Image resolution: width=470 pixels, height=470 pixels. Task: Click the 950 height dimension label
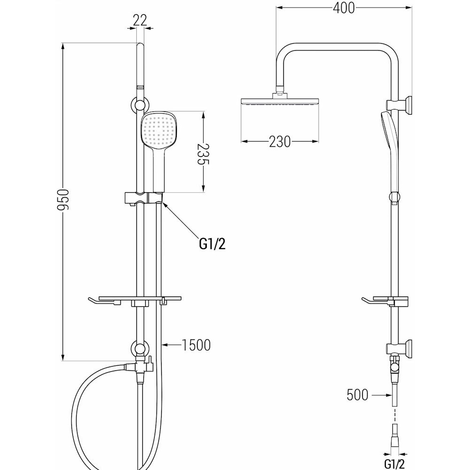63,200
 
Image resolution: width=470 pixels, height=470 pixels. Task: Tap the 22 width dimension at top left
140,20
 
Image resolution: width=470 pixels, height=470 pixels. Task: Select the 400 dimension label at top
344,8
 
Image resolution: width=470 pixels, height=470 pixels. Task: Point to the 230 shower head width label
280,142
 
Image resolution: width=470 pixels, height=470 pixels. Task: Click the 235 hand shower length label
203,154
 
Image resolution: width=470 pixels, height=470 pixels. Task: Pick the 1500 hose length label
196,345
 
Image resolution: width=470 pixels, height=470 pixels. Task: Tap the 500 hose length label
357,395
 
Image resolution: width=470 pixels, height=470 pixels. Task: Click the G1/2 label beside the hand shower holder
212,244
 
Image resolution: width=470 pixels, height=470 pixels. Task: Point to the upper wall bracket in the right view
399,106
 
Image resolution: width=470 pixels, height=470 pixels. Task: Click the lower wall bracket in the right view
399,349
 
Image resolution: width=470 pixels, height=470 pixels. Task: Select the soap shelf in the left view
135,301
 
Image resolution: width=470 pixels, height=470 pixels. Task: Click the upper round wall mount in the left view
140,105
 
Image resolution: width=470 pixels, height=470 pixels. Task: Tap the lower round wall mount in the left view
140,349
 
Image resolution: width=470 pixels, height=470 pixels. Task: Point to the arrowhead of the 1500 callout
164,345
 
